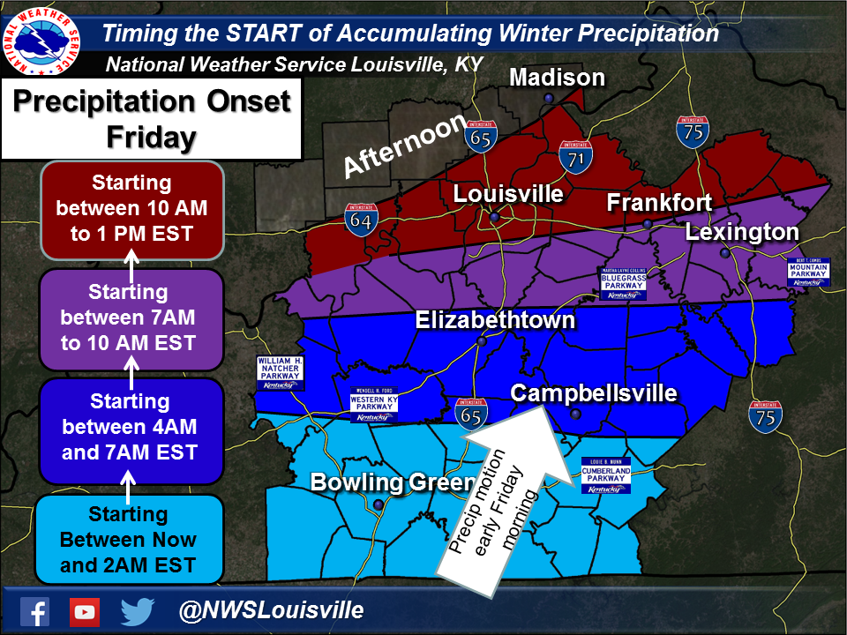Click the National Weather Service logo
coord(43,43)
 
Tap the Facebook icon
coord(34,610)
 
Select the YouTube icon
coord(85,610)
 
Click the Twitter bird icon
coord(138,610)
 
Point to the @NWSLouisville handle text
coord(271,610)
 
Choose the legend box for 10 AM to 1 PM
coord(132,209)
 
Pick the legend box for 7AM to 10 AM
coord(132,317)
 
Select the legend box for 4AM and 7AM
coord(132,427)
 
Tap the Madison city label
coord(558,78)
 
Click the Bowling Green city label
coord(381,482)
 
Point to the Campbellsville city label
coord(594,392)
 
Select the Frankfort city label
coord(659,203)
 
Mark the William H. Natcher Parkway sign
coord(280,374)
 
